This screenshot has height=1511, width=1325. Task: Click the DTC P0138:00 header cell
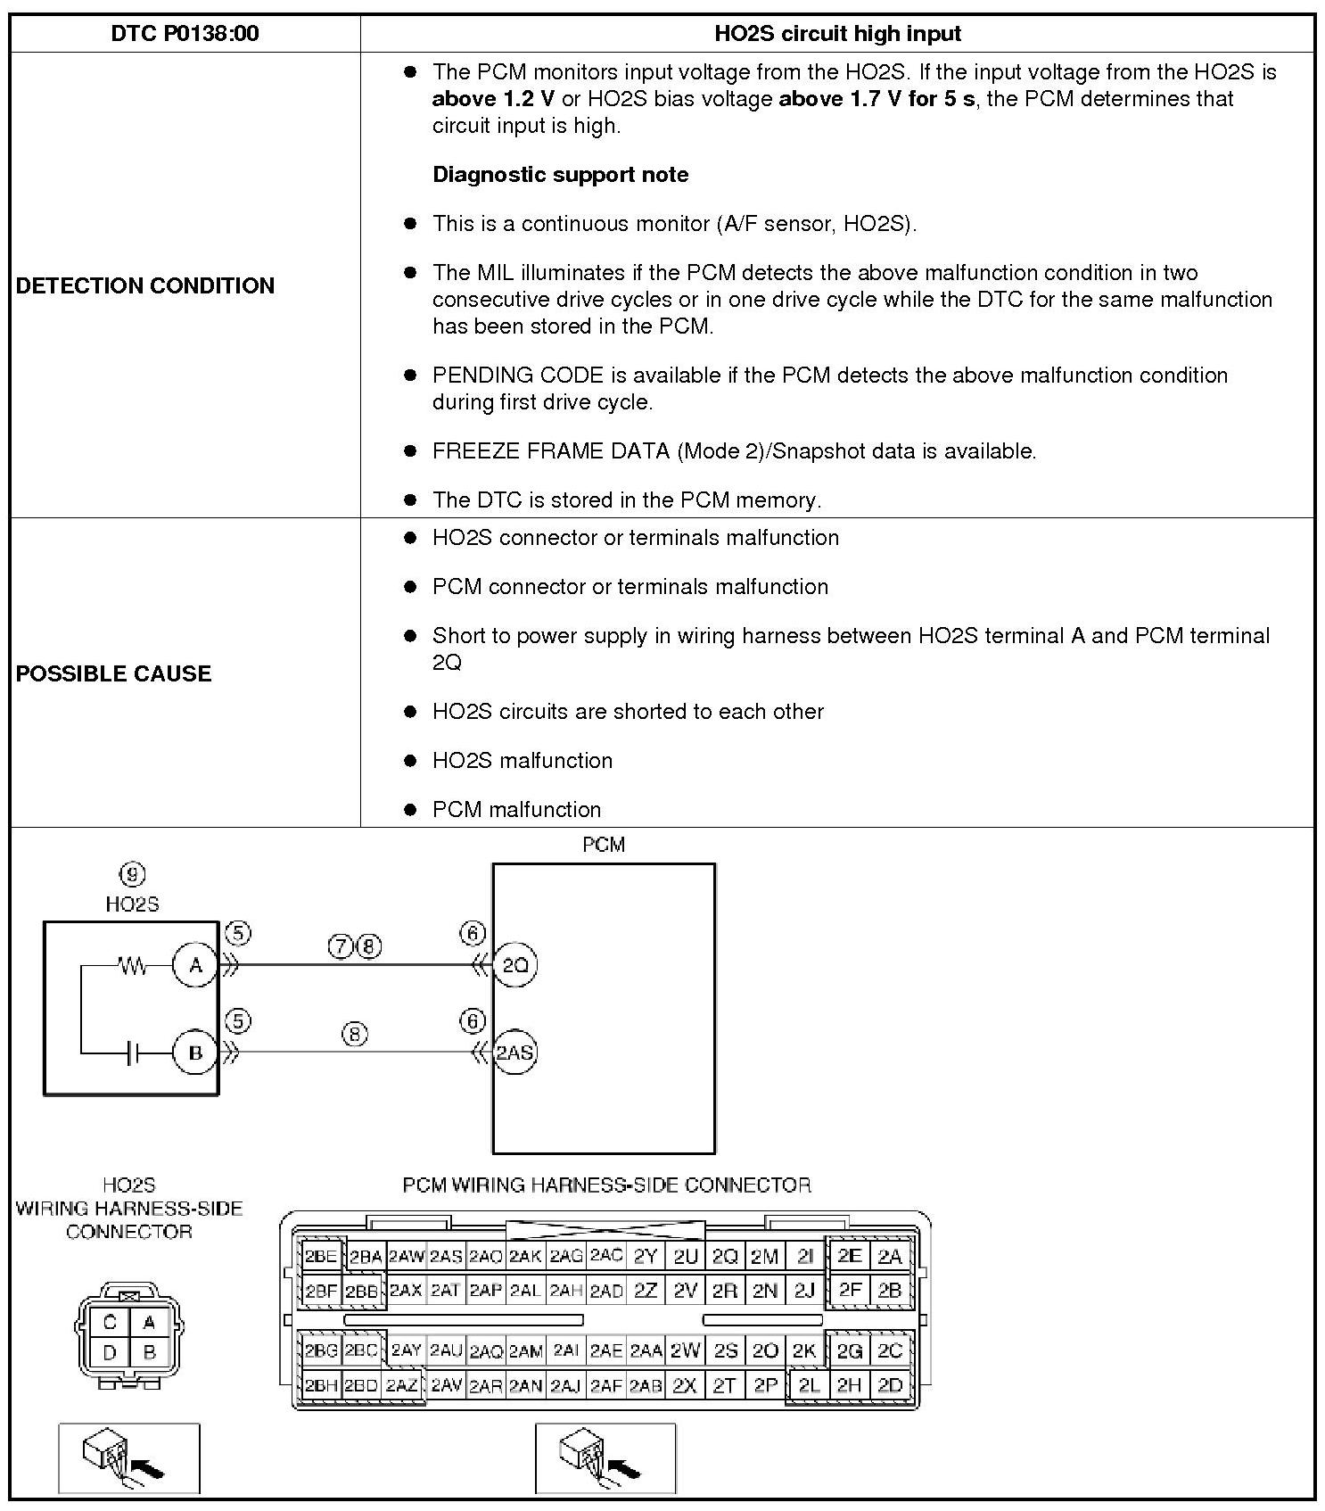click(x=185, y=34)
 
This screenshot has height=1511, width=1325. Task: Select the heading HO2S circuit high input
click(x=837, y=34)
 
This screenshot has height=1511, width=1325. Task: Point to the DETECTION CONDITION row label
click(x=145, y=285)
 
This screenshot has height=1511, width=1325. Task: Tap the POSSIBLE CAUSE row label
click(x=114, y=673)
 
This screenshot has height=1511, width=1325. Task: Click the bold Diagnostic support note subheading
click(x=560, y=174)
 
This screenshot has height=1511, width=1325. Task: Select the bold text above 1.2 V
click(x=493, y=98)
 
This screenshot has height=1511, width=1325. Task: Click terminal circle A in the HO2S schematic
click(x=195, y=965)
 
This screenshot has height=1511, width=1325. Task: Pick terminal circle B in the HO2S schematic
click(x=195, y=1053)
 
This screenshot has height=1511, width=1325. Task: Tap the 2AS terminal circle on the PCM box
click(x=514, y=1053)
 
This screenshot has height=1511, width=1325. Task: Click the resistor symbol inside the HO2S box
click(x=133, y=965)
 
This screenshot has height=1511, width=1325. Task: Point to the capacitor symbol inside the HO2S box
click(x=133, y=1053)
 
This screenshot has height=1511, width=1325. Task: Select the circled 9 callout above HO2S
click(x=132, y=874)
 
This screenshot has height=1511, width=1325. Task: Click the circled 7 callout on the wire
click(x=342, y=946)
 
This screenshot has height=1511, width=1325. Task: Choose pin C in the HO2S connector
click(x=110, y=1323)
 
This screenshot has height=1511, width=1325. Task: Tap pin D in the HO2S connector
click(x=110, y=1353)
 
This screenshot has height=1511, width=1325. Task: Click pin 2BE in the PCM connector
click(x=320, y=1257)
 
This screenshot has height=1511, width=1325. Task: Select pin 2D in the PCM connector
click(x=890, y=1385)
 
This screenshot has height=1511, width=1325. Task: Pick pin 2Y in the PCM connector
click(x=645, y=1257)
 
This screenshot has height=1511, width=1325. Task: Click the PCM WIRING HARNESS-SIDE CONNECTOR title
click(x=606, y=1185)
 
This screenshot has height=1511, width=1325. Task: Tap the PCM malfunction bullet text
click(x=516, y=810)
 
